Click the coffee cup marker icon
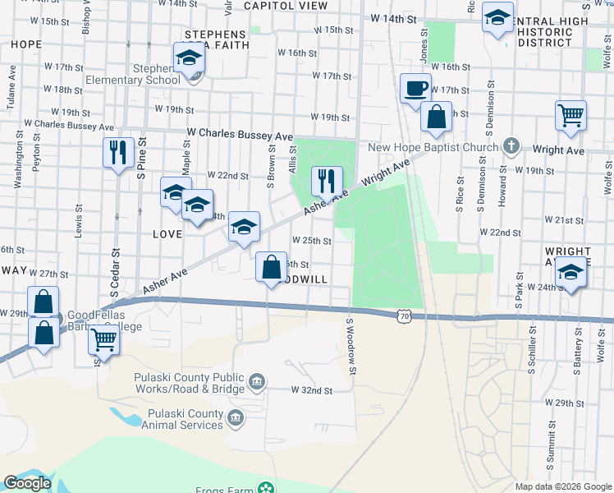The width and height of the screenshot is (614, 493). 415,88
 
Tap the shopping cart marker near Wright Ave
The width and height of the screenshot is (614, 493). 570,115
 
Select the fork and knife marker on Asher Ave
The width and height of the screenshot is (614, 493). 327,180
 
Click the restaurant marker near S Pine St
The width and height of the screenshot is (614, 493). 118,152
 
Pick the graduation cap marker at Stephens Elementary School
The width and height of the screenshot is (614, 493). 189,59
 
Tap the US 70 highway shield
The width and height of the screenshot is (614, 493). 402,316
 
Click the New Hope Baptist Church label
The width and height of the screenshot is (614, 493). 433,148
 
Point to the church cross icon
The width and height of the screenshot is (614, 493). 511,147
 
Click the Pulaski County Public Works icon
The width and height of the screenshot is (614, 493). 256,380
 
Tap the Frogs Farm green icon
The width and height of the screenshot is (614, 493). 266,488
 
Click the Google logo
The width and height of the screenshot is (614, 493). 27,483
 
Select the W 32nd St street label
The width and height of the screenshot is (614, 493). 312,391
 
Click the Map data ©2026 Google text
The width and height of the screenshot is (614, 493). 563,486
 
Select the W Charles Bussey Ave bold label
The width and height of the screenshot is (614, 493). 240,134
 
